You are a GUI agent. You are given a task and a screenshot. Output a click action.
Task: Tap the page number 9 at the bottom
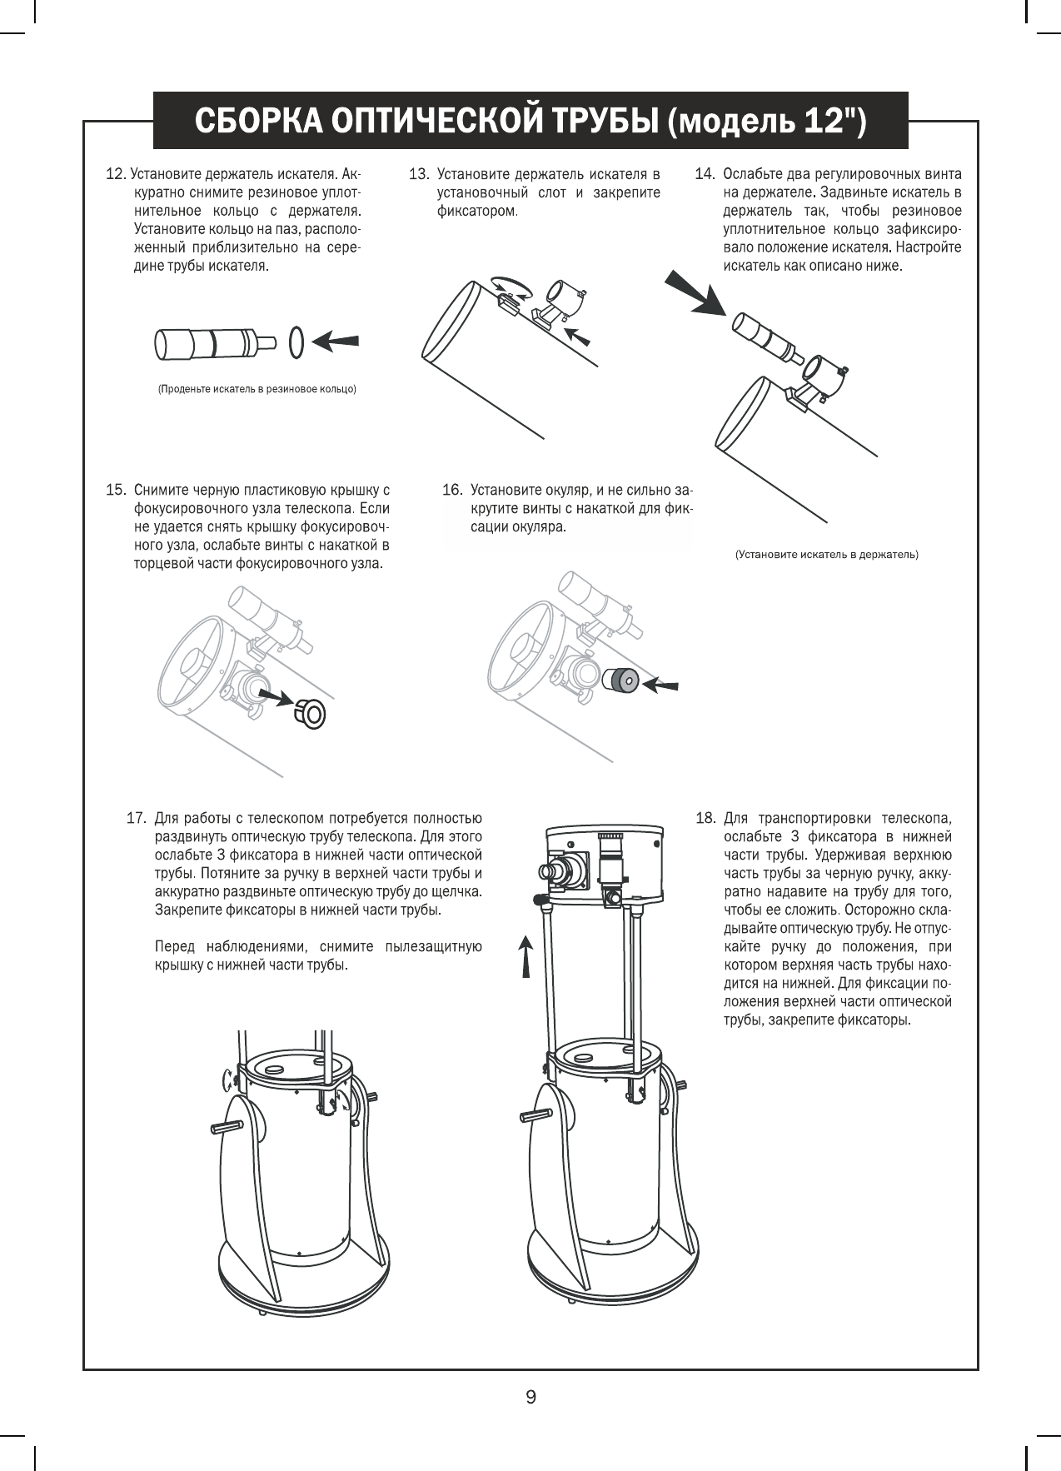[x=530, y=1396]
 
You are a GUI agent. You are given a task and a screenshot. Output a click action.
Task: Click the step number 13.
[x=418, y=175]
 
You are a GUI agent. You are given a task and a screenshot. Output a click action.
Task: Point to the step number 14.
[x=705, y=175]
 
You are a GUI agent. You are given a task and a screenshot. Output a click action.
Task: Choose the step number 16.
[x=451, y=490]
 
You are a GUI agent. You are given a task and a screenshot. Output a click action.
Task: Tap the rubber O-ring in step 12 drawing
[x=296, y=341]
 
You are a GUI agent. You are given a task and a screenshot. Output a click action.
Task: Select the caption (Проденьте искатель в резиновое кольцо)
[x=257, y=389]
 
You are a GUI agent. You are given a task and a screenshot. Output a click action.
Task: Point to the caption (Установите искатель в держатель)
[x=826, y=554]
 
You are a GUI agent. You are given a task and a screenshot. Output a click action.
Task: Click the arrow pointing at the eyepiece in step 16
[x=660, y=686]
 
